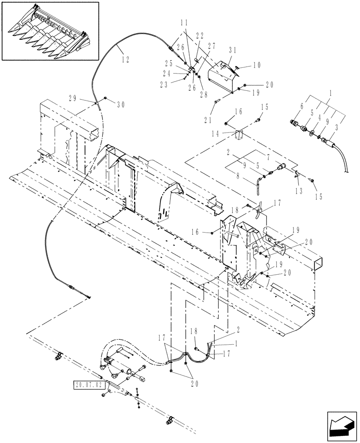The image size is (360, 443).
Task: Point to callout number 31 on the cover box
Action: point(233,50)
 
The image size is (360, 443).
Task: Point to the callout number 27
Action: point(211,45)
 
